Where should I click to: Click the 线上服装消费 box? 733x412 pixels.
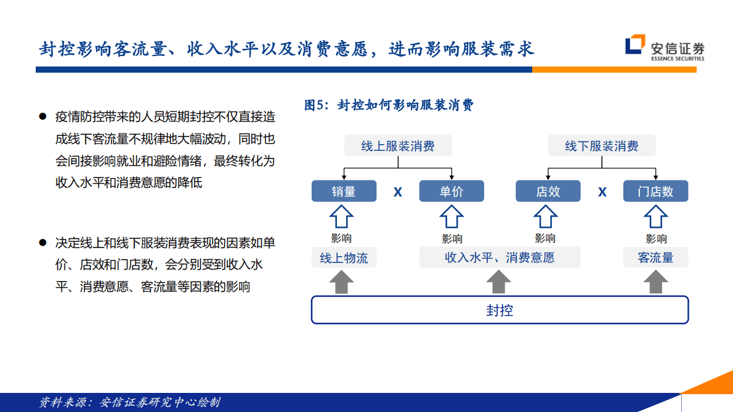(397, 146)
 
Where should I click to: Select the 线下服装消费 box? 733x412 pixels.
(602, 146)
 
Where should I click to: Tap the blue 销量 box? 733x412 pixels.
(344, 192)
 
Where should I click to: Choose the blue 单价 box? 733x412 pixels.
(452, 192)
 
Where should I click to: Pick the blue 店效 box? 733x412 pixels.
(548, 192)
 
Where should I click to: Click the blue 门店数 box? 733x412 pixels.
(655, 192)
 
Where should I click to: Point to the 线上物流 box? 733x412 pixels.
(344, 257)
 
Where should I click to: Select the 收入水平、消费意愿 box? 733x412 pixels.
(500, 257)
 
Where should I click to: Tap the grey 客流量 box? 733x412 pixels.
(655, 257)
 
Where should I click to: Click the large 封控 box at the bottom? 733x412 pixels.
(500, 310)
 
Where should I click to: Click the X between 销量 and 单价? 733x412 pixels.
(398, 192)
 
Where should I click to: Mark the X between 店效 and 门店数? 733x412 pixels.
(602, 192)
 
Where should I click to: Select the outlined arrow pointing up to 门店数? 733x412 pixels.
(655, 217)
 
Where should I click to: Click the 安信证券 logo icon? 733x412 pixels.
(635, 47)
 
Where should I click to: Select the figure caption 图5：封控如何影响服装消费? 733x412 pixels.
(389, 105)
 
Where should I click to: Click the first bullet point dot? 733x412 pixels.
(43, 116)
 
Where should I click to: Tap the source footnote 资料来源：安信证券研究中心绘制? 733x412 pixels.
(129, 403)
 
